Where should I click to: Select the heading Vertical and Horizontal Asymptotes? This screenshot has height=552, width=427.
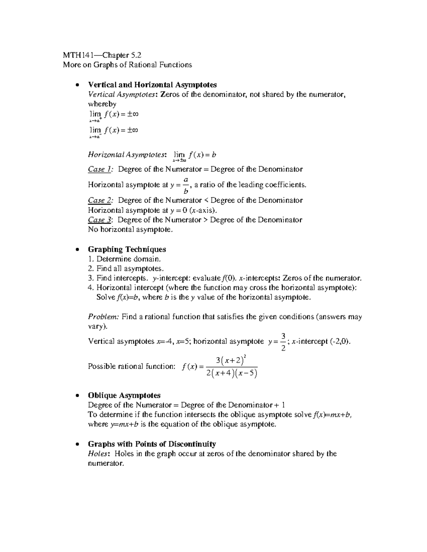point(152,85)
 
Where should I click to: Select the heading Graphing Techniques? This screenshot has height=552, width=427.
point(127,249)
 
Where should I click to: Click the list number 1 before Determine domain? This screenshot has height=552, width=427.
point(90,259)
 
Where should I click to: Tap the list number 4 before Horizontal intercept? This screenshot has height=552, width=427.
point(90,288)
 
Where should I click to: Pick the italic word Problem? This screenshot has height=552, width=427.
point(103,317)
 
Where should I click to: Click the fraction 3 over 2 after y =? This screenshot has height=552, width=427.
point(283,342)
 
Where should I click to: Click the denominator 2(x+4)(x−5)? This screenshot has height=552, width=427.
point(232,374)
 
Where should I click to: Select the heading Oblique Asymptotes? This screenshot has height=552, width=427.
point(124,395)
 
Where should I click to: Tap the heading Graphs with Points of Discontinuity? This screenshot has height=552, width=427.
point(152,444)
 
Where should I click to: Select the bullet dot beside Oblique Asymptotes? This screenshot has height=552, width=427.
point(77,396)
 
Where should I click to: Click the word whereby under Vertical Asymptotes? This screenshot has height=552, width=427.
point(102,104)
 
